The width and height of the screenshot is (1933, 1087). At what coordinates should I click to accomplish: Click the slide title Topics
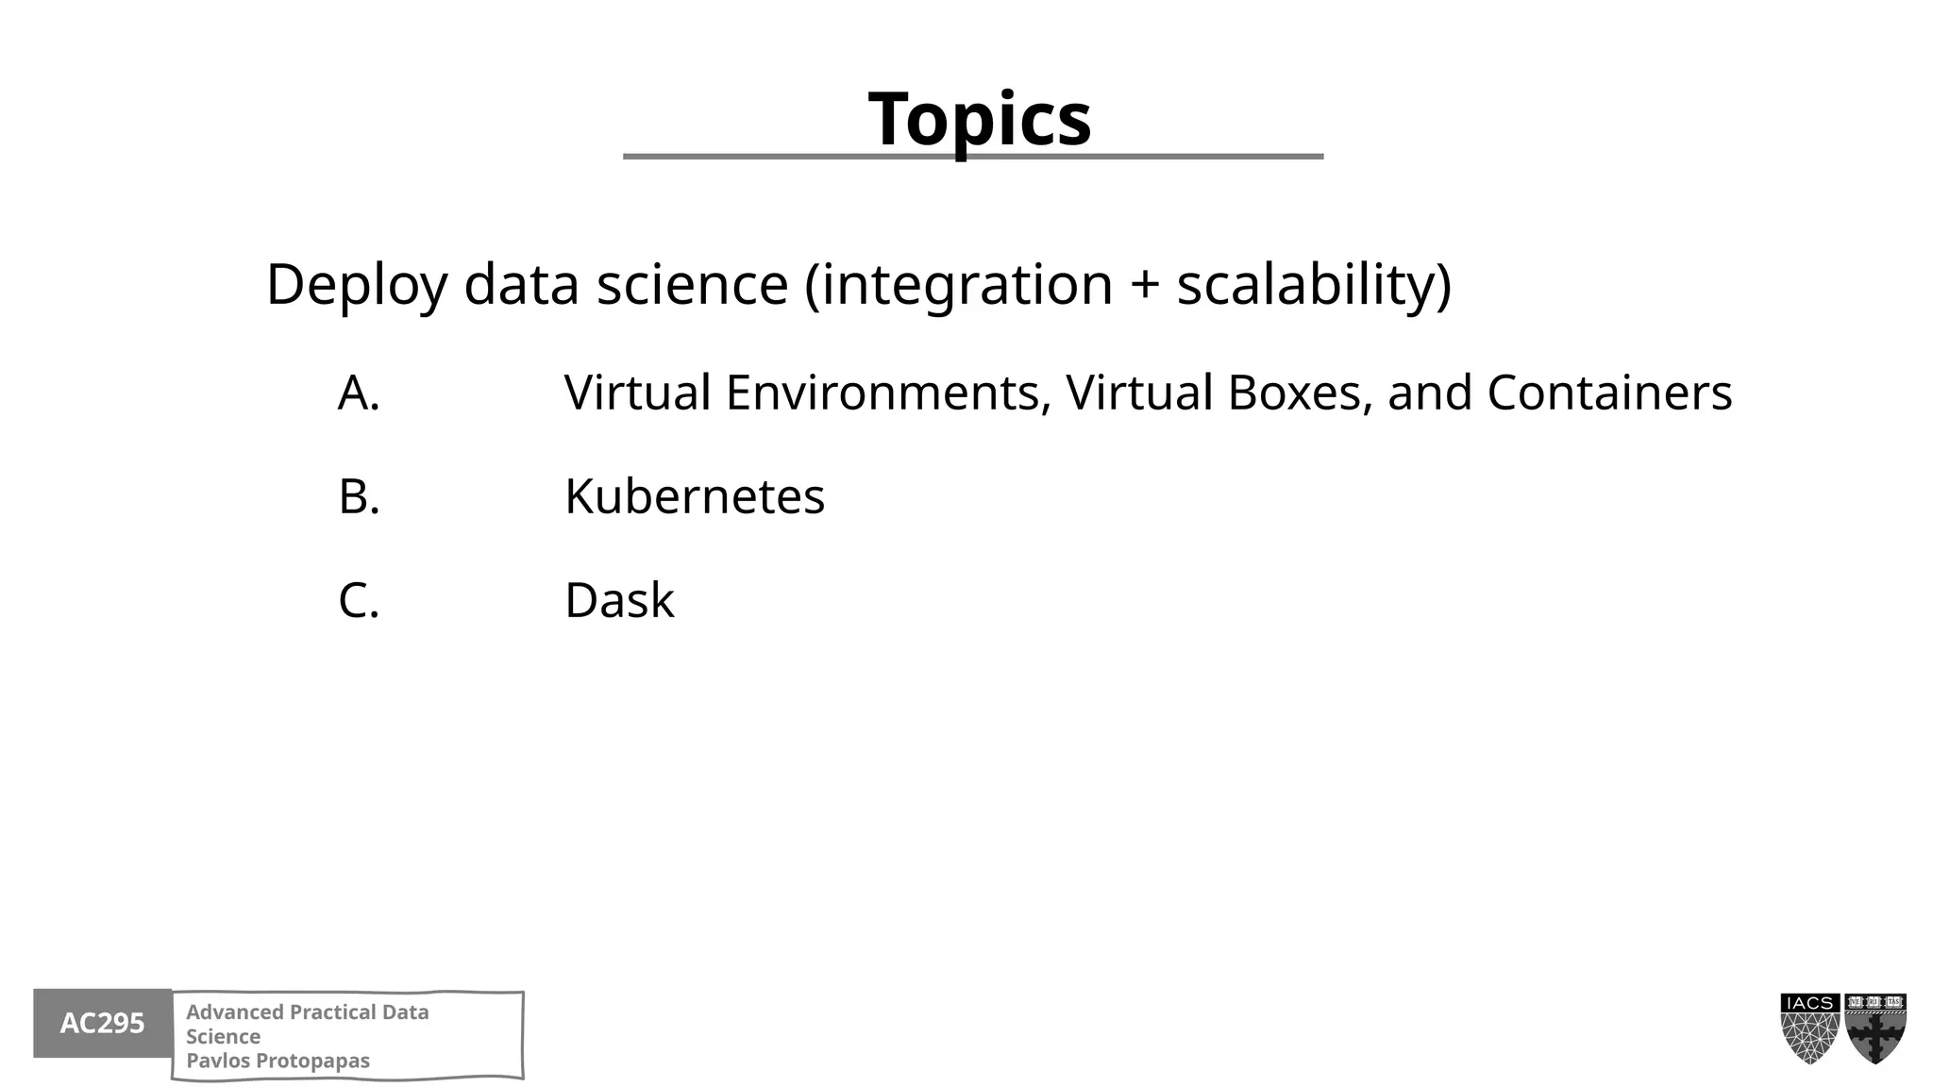[x=980, y=119]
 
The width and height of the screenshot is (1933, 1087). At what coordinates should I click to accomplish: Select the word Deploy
[x=356, y=285]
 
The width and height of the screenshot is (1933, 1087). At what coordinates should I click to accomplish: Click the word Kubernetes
[x=695, y=496]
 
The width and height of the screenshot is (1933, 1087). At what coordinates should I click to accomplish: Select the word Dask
[x=619, y=600]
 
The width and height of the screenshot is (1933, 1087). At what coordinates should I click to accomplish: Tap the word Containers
[x=1609, y=393]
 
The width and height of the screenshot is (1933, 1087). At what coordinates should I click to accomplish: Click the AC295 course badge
[x=102, y=1023]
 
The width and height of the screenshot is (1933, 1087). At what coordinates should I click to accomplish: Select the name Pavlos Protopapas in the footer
[x=277, y=1061]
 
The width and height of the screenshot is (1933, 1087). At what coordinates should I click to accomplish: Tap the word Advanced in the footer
[x=233, y=1012]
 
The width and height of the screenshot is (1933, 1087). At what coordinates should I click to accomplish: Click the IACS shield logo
[x=1810, y=1028]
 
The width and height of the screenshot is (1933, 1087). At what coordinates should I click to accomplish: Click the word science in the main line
[x=692, y=285]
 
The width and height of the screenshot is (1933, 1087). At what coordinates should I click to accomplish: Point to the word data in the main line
[x=521, y=285]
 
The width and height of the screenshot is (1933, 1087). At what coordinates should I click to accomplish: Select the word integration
[x=967, y=285]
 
